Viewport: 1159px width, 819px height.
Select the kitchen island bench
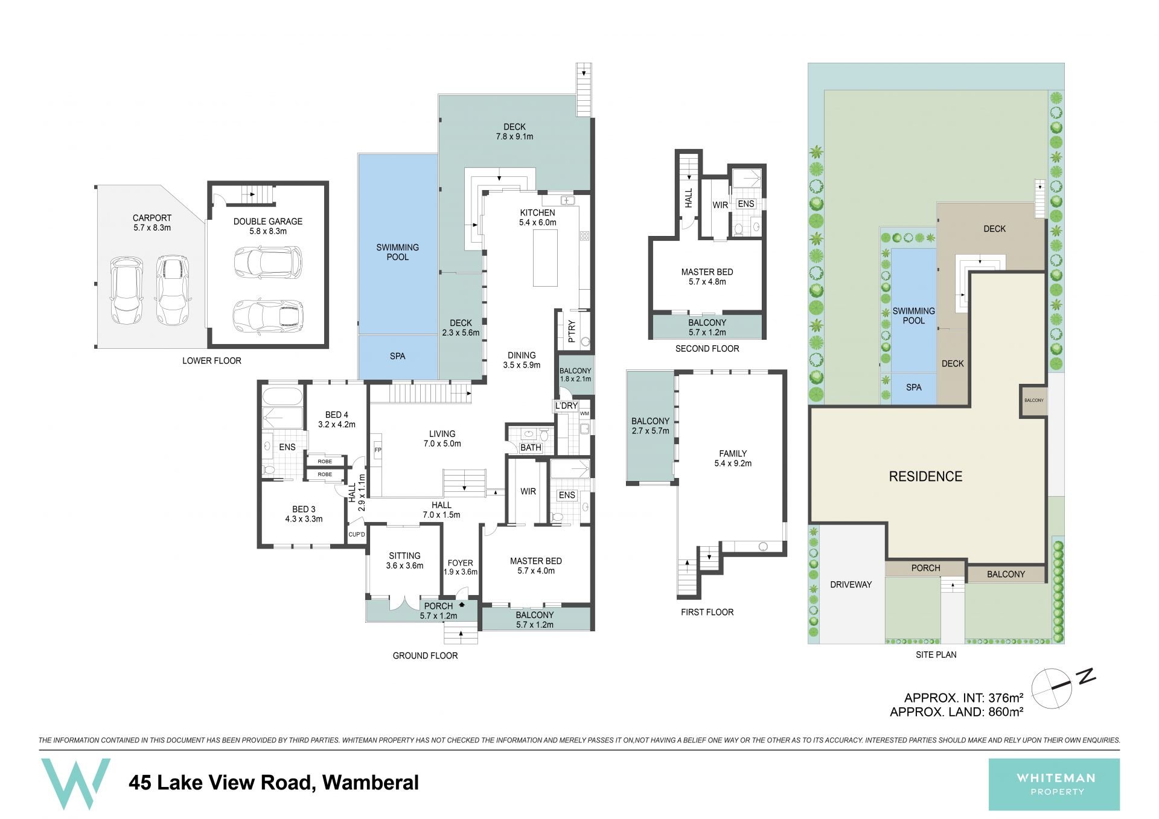click(544, 253)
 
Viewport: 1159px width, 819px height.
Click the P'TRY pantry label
click(572, 331)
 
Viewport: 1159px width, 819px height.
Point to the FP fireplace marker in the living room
click(378, 450)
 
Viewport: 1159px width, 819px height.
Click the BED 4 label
click(337, 415)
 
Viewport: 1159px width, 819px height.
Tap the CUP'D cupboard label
click(357, 535)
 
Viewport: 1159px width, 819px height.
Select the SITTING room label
click(404, 556)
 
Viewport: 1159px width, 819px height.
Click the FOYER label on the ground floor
click(460, 563)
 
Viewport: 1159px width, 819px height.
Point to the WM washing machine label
click(584, 413)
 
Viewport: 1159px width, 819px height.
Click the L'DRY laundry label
click(566, 406)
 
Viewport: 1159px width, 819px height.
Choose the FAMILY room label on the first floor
click(733, 454)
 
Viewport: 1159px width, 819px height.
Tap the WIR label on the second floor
click(720, 205)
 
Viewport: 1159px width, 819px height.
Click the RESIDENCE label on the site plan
click(925, 477)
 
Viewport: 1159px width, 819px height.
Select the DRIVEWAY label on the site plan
click(851, 584)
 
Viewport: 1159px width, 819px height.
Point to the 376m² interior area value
click(1005, 698)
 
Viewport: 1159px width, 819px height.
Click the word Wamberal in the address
click(370, 783)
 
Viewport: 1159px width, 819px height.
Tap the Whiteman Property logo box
click(1054, 784)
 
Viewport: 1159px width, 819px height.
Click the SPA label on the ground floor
click(397, 356)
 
